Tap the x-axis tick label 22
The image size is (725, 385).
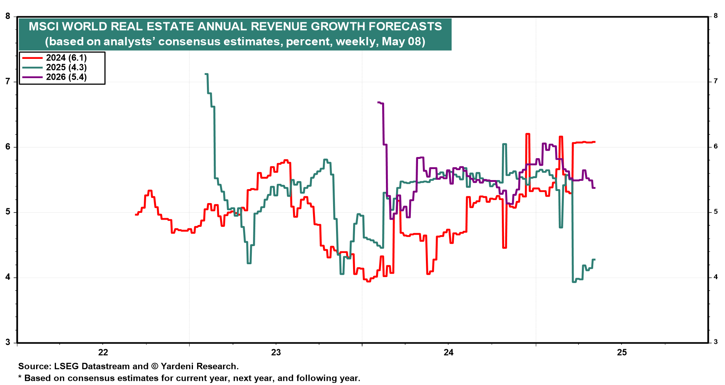[x=103, y=353]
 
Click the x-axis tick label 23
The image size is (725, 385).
[x=276, y=353]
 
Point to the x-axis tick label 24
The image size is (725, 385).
[x=449, y=353]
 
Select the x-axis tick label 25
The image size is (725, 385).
[x=622, y=353]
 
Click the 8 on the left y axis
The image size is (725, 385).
[x=8, y=16]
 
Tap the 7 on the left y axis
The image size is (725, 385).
[x=8, y=82]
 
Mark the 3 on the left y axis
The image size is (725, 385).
[x=8, y=342]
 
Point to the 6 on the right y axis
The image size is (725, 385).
[x=716, y=146]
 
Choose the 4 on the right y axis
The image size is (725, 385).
[x=716, y=277]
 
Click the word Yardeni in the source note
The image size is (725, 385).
[x=177, y=367]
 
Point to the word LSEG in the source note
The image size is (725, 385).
[x=66, y=367]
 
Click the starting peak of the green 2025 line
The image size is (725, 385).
[x=206, y=74]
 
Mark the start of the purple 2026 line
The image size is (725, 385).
[x=378, y=102]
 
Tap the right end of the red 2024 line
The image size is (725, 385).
[x=595, y=142]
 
